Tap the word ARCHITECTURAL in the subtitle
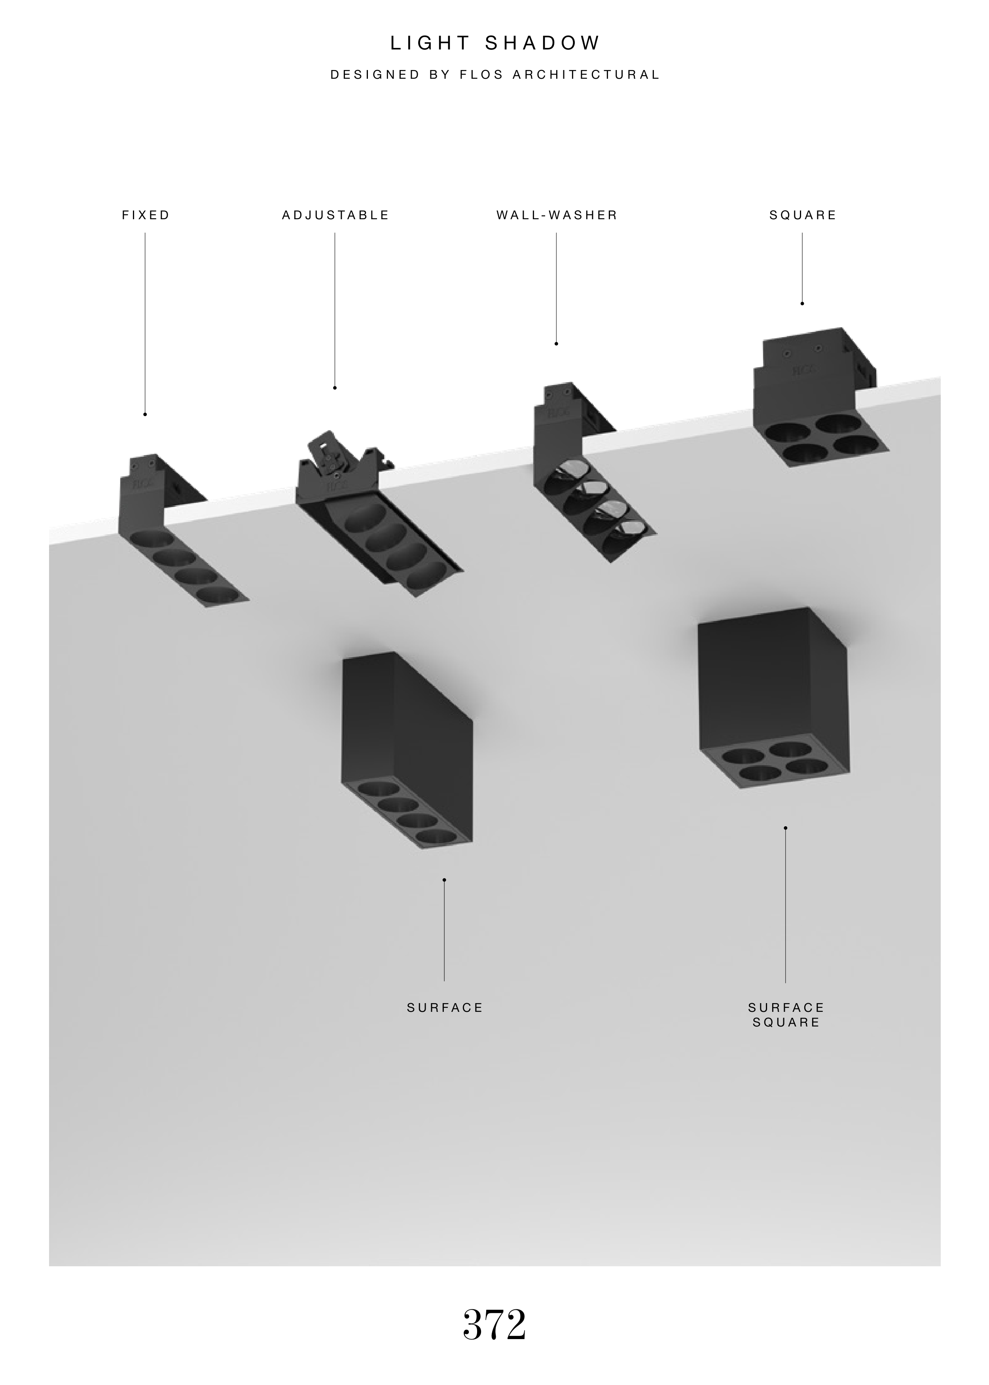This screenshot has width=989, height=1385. click(x=586, y=75)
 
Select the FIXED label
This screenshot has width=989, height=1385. click(x=146, y=215)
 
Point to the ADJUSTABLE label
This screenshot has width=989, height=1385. click(x=335, y=215)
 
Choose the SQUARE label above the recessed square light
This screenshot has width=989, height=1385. click(x=803, y=215)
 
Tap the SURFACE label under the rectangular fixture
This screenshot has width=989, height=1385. click(x=445, y=1007)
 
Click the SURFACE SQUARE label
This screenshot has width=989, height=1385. click(x=786, y=1015)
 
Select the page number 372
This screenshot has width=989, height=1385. click(x=494, y=1324)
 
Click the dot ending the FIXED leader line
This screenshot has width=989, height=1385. click(x=145, y=414)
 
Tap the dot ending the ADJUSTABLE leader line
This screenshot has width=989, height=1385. click(x=335, y=388)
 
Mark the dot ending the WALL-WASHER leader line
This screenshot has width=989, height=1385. click(x=556, y=343)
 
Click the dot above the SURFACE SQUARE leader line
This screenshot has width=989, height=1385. click(x=786, y=828)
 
